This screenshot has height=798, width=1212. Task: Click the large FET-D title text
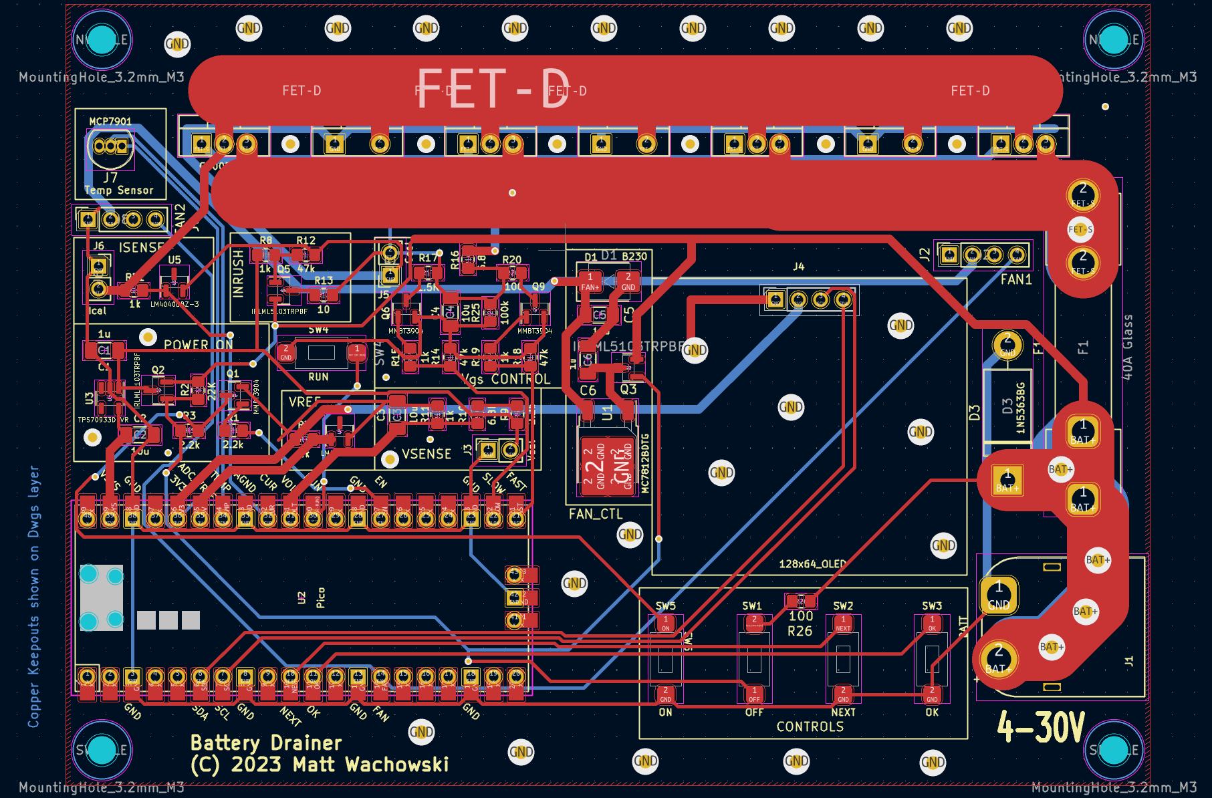point(493,88)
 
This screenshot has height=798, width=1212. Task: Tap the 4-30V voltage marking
point(1040,726)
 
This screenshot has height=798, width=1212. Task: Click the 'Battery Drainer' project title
point(265,743)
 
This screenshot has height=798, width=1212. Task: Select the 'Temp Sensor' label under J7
point(119,190)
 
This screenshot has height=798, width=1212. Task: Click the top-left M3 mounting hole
point(102,40)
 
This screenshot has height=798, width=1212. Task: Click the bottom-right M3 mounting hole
point(1113,749)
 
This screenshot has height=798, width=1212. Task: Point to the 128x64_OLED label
point(812,564)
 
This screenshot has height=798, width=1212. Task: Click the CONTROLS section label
point(810,726)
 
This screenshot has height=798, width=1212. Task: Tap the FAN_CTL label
point(595,514)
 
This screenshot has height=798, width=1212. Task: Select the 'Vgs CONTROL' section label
point(506,379)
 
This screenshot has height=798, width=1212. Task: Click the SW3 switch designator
point(932,606)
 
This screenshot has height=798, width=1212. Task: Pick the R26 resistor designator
point(800,631)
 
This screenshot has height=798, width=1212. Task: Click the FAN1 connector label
point(1015,279)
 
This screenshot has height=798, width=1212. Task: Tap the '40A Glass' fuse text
point(1127,347)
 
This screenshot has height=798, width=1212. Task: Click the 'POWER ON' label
point(198,345)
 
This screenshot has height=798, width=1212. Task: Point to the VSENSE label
point(427,454)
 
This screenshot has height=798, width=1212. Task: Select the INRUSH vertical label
point(238,274)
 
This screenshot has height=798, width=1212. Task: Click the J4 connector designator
point(798,267)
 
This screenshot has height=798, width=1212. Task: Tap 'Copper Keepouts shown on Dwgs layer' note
point(33,596)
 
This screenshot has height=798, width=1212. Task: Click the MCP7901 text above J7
point(110,122)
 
